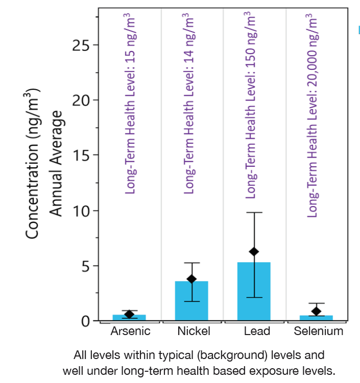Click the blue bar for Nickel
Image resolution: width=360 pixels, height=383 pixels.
(191, 301)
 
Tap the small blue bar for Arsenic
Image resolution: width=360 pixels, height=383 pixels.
(129, 318)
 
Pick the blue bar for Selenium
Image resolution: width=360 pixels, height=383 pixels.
(316, 318)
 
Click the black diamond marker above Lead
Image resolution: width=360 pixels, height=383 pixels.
(254, 251)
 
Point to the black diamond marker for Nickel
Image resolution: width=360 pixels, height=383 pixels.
(191, 279)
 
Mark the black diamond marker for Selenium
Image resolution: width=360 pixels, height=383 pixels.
(316, 311)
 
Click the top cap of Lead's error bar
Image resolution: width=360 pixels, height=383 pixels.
(254, 212)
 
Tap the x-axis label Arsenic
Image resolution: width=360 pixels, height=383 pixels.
(130, 331)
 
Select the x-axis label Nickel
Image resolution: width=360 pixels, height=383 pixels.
(194, 331)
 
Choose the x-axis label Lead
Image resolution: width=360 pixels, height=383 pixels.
(257, 331)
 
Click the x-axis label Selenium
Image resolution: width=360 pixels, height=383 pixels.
(319, 331)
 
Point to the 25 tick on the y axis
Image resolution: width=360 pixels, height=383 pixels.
(81, 45)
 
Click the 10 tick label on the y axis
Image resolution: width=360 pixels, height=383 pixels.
(81, 211)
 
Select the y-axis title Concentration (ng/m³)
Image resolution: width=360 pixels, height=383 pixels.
(33, 163)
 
